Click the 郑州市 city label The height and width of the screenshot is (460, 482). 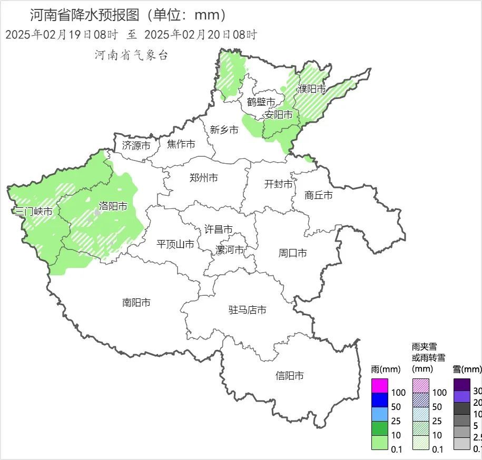(x=204, y=178)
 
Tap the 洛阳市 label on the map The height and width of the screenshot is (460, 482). (x=113, y=206)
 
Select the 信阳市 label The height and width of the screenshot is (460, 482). (x=290, y=376)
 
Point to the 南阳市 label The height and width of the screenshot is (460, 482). (x=136, y=303)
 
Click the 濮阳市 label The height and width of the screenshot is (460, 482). (x=312, y=89)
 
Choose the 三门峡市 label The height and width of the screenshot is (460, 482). (x=33, y=212)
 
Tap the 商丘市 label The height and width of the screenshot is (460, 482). (x=319, y=195)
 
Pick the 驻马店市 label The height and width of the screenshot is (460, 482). (x=247, y=310)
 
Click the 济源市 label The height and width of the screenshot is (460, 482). (x=136, y=145)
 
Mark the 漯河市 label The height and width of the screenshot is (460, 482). (x=230, y=250)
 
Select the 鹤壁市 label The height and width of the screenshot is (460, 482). (x=261, y=102)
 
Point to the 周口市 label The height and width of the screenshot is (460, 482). (x=293, y=253)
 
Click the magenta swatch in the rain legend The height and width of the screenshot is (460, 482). (x=379, y=385)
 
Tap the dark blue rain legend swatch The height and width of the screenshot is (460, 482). (x=379, y=399)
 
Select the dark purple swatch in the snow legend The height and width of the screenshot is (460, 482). (x=462, y=385)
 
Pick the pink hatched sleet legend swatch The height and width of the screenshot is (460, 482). (x=420, y=385)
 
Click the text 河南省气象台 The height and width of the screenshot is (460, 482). (x=131, y=55)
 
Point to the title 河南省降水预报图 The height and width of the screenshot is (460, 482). (x=84, y=15)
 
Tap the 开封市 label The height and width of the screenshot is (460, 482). (x=278, y=184)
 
